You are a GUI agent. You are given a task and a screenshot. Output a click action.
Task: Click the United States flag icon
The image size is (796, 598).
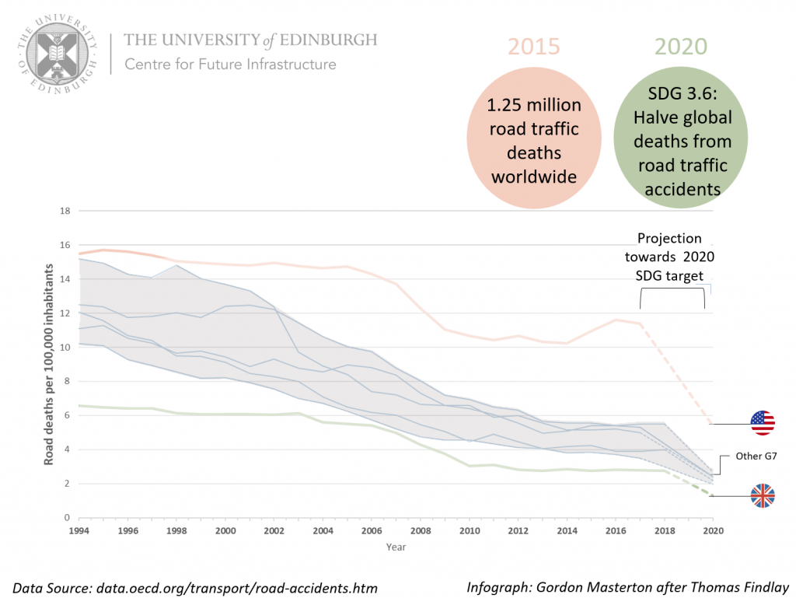[763, 422]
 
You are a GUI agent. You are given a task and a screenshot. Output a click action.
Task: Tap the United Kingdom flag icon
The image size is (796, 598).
[763, 495]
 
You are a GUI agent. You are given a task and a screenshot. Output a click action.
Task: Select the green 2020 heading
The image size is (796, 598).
[681, 47]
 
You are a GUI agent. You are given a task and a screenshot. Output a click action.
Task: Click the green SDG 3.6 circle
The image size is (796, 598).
[681, 142]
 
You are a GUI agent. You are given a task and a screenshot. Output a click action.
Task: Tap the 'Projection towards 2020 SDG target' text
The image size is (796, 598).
[669, 257]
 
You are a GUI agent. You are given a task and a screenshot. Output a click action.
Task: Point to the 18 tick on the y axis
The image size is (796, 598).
[65, 211]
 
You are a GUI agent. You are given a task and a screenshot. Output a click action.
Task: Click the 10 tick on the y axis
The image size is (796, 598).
[65, 347]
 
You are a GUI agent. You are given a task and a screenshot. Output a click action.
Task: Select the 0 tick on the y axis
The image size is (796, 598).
[68, 517]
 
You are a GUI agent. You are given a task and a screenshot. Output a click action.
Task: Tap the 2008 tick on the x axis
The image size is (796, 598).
[422, 530]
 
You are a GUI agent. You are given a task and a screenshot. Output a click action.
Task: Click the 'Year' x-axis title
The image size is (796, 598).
[396, 547]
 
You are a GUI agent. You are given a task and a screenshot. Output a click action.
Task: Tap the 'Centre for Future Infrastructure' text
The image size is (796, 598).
[230, 64]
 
